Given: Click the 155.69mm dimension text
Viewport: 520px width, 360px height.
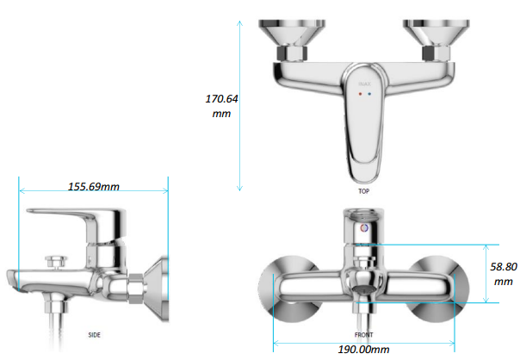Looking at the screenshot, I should (x=94, y=188).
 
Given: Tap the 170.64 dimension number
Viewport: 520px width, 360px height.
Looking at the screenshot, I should (x=220, y=99).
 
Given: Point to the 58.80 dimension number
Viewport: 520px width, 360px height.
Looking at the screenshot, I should (x=504, y=267).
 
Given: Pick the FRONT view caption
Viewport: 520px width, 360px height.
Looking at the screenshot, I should (x=364, y=335).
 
